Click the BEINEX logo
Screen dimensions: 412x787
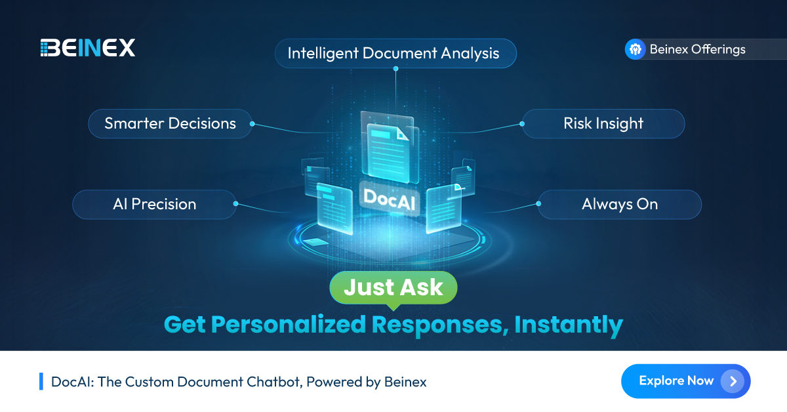(87, 48)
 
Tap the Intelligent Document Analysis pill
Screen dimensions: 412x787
(395, 53)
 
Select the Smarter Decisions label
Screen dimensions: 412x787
(171, 123)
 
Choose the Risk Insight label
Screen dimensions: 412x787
(603, 123)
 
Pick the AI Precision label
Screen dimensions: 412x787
(155, 204)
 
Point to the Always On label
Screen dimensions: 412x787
(620, 204)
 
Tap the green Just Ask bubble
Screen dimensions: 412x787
(393, 287)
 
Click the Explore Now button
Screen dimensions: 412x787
(685, 381)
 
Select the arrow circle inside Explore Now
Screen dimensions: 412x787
(733, 381)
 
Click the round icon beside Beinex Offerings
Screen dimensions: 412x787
(635, 49)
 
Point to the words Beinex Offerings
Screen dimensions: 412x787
(697, 49)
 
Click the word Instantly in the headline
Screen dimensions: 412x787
(568, 324)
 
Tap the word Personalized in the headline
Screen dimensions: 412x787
(293, 324)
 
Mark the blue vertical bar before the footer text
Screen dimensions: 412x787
(41, 381)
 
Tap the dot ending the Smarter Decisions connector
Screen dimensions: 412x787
(252, 123)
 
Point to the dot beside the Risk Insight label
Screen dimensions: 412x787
(523, 123)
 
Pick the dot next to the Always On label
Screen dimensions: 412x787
(539, 204)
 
